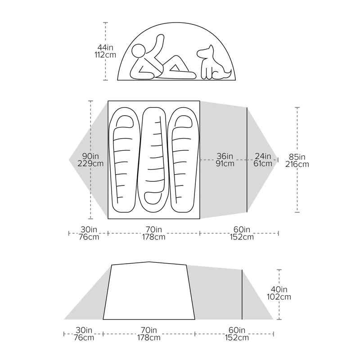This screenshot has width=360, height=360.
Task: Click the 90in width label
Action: point(90,156)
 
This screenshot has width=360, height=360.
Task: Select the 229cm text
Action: point(90,164)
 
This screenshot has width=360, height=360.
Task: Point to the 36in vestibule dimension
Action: point(225,156)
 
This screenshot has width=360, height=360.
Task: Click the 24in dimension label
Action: point(263,156)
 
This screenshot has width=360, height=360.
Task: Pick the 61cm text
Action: point(263,164)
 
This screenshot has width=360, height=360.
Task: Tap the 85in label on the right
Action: point(297,157)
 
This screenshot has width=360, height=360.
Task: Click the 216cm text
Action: point(297,165)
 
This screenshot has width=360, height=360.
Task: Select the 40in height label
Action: point(279,289)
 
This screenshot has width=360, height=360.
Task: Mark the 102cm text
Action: point(279,297)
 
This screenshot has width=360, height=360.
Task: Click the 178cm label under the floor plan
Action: point(153,237)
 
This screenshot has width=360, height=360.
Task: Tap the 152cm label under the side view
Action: point(237,338)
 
